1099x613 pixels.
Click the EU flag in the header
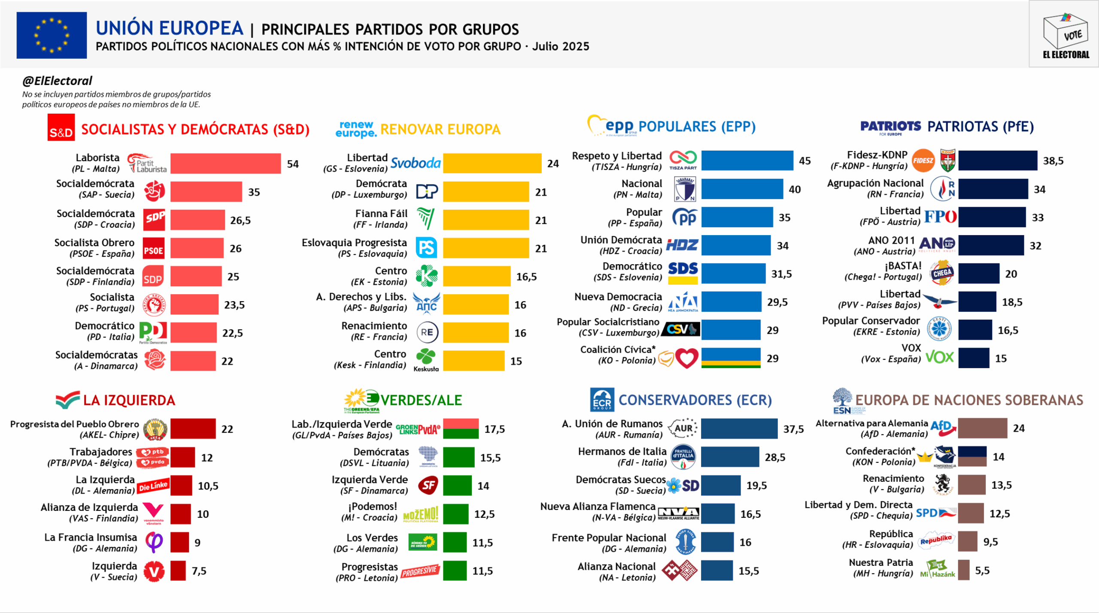click(x=52, y=35)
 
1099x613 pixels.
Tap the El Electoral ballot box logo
click(x=1066, y=34)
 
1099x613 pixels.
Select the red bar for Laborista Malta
click(x=225, y=163)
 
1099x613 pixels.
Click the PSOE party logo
click(x=153, y=248)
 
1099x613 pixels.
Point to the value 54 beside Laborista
click(x=293, y=164)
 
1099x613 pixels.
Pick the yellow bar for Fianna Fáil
click(x=486, y=220)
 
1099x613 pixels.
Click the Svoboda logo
click(x=415, y=163)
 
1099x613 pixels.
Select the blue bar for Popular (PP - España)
click(x=737, y=217)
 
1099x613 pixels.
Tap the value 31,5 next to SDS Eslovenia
click(x=781, y=274)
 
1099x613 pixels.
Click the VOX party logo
click(x=939, y=357)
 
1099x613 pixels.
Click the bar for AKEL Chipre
click(x=193, y=429)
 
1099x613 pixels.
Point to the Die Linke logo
click(x=153, y=486)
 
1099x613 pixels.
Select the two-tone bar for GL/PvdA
click(x=461, y=429)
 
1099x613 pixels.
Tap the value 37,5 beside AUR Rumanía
click(x=793, y=429)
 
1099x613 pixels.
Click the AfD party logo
click(x=943, y=428)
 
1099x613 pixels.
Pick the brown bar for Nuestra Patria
click(x=963, y=570)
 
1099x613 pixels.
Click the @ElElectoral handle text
click(x=57, y=81)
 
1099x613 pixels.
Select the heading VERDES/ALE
click(x=421, y=400)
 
